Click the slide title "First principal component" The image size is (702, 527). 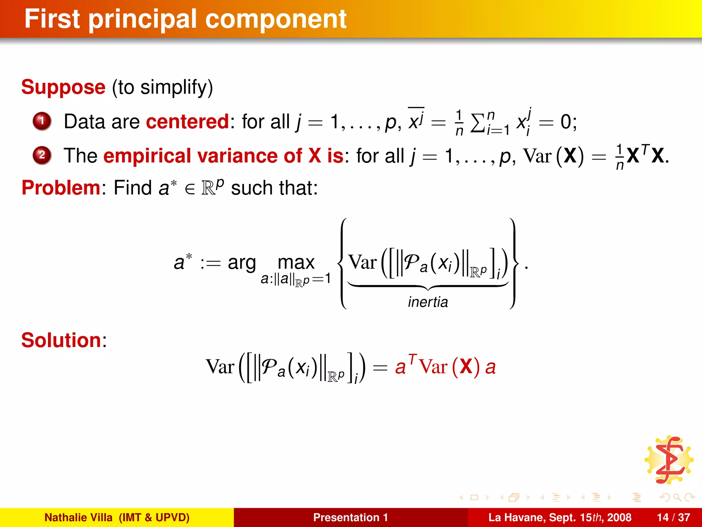point(185,19)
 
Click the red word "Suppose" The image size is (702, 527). point(63,87)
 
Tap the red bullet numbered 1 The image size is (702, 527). point(42,121)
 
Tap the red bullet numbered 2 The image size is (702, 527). point(42,155)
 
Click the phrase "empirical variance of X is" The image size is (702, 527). point(223,156)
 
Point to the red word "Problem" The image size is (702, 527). point(61,188)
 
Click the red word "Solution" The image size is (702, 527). point(61,340)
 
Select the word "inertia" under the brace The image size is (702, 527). point(428,302)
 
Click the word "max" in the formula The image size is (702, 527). point(296,262)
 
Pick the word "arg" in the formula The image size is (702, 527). point(242,263)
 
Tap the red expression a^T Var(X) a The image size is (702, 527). point(445,366)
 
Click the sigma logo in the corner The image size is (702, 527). point(669,460)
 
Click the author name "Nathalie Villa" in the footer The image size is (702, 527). point(78,517)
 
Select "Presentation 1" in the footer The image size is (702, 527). point(350,517)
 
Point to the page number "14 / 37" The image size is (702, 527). point(673,517)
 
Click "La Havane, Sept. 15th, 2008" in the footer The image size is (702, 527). point(559,517)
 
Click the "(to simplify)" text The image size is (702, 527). point(162,87)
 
